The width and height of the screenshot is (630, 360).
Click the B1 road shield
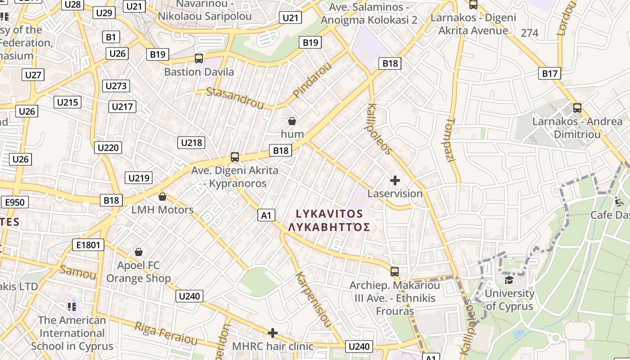click(x=111, y=37)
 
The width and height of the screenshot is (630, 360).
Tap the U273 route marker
click(x=117, y=86)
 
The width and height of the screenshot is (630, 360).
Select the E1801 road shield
click(x=88, y=245)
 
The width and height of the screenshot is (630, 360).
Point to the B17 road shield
click(x=549, y=73)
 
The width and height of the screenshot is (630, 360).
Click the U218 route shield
click(x=192, y=143)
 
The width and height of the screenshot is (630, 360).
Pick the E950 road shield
click(x=15, y=202)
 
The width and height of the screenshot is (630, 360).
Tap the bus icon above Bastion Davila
click(x=198, y=58)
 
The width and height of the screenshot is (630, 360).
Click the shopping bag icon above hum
click(x=292, y=121)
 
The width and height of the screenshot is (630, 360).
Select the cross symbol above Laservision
click(x=395, y=180)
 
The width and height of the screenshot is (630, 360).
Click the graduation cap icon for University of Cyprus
click(x=508, y=280)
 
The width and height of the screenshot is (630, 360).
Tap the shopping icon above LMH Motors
click(x=162, y=197)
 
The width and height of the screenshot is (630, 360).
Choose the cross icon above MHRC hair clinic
click(x=272, y=333)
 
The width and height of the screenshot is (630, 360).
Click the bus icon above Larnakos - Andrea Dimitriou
click(x=577, y=108)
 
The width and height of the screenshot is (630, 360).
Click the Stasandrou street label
click(x=234, y=98)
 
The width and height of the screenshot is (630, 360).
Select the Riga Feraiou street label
click(x=166, y=333)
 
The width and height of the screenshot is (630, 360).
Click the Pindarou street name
click(x=311, y=80)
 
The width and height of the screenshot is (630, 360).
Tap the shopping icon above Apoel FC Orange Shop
click(x=139, y=252)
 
